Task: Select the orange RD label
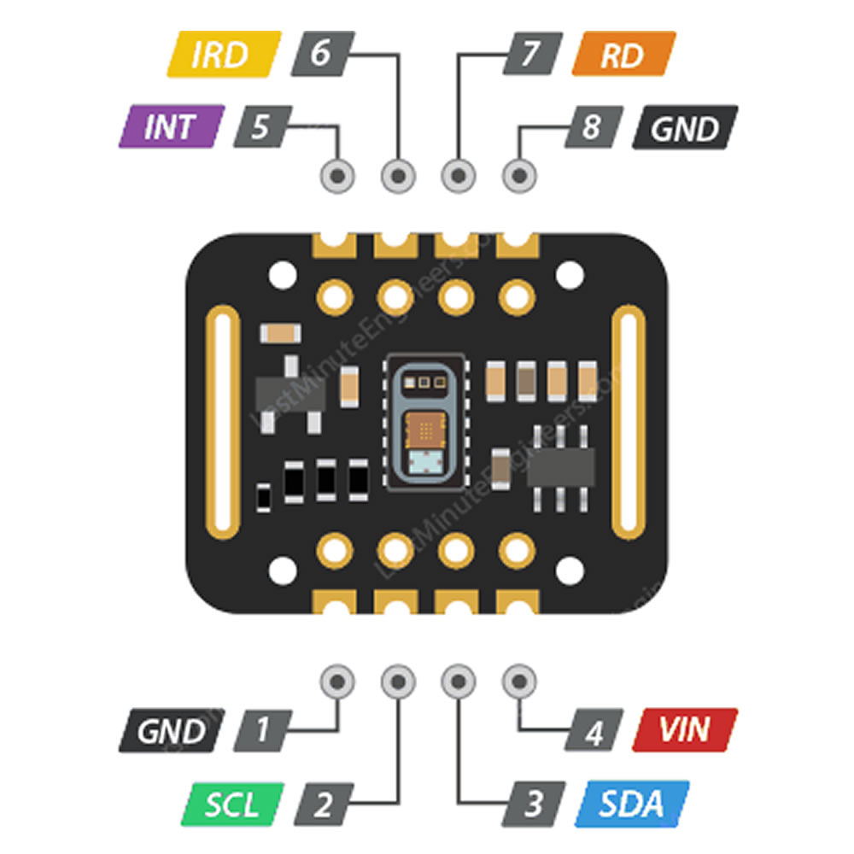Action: pyautogui.click(x=623, y=55)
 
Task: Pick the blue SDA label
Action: pyautogui.click(x=631, y=804)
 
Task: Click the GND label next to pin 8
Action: pyautogui.click(x=684, y=128)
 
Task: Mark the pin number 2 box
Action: pyautogui.click(x=322, y=804)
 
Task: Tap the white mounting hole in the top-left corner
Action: pyautogui.click(x=279, y=275)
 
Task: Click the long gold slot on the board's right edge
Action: pyautogui.click(x=633, y=423)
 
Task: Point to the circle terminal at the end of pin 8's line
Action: pyautogui.click(x=517, y=176)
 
